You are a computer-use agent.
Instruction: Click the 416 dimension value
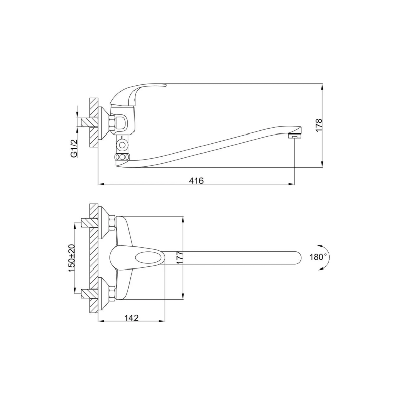click(x=196, y=181)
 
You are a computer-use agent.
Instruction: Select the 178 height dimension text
click(x=319, y=125)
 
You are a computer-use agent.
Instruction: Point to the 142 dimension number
click(x=131, y=318)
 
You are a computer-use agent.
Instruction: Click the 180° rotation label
click(x=318, y=257)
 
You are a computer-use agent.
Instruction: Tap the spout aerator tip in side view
click(x=295, y=135)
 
